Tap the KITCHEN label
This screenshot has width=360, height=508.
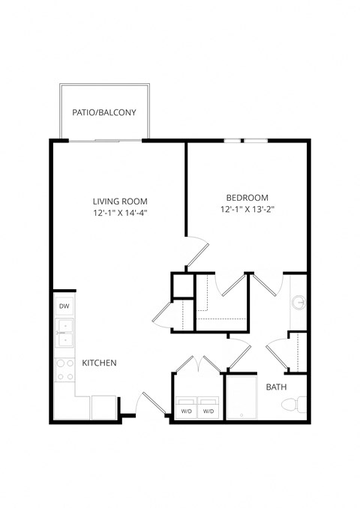(x=99, y=363)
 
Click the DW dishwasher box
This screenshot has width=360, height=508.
(x=64, y=306)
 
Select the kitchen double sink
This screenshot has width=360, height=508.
(x=64, y=333)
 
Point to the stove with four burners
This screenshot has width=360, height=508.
(x=64, y=370)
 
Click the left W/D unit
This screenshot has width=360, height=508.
(x=185, y=411)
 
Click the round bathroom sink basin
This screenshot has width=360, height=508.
(x=299, y=303)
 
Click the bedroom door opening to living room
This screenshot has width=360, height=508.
(x=196, y=251)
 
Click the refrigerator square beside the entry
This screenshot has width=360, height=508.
(x=103, y=407)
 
